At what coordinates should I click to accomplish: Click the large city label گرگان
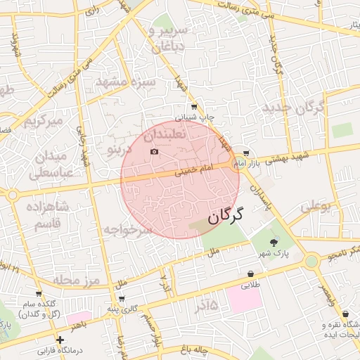coord(225,214)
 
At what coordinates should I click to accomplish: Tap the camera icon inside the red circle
coord(155,152)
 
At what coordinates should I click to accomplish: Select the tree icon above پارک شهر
coord(274,241)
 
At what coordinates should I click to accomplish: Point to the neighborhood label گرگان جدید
coord(294,108)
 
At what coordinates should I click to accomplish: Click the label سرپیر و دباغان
coord(169,36)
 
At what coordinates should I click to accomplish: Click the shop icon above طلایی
coord(250,274)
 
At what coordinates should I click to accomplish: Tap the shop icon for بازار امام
coord(245,153)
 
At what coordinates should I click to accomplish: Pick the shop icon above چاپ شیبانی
coord(194,107)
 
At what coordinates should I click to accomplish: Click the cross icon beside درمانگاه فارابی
coord(60,340)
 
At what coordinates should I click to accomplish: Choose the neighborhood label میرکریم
coord(44,121)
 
